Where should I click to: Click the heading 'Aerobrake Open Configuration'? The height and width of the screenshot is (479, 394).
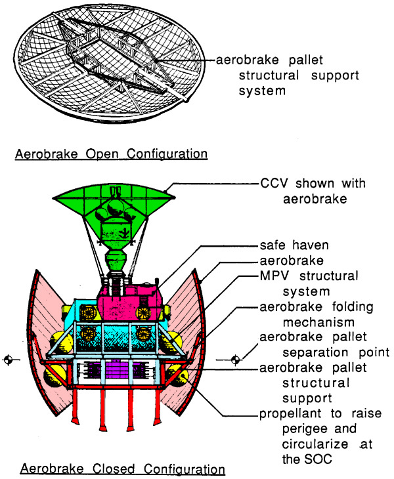111,154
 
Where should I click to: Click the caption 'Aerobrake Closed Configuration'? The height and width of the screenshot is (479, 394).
123,469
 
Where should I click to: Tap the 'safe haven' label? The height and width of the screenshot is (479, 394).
294,245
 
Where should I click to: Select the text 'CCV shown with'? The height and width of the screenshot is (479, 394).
313,183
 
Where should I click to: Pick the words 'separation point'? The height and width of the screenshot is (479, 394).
336,352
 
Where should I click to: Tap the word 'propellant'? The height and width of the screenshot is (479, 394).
290,414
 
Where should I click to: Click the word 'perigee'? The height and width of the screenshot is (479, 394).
305,429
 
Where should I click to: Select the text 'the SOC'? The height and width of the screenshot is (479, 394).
307,459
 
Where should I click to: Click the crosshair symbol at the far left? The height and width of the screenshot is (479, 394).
9,360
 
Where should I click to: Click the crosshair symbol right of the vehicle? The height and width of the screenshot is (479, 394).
235,360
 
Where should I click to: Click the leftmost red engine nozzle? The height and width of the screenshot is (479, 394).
76,406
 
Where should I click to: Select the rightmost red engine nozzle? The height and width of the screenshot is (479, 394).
158,406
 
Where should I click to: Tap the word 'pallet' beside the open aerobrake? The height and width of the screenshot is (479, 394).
305,60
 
